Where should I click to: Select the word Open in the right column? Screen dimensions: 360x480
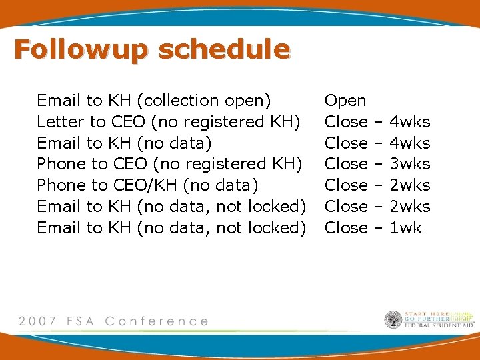click(345, 101)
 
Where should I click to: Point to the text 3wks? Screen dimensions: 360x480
click(409, 164)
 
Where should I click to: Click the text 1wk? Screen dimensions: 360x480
click(405, 227)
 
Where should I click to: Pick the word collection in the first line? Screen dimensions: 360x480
click(180, 101)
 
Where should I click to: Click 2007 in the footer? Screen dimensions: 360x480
click(39, 321)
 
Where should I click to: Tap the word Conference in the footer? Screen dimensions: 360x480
click(157, 321)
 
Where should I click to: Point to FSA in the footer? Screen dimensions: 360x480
click(80, 321)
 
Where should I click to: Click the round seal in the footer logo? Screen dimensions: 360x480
click(393, 320)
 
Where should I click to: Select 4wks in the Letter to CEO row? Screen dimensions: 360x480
click(409, 122)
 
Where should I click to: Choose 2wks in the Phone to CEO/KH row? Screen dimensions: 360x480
click(409, 185)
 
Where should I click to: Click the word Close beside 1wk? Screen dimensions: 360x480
click(346, 227)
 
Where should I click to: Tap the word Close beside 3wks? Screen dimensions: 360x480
click(346, 164)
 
